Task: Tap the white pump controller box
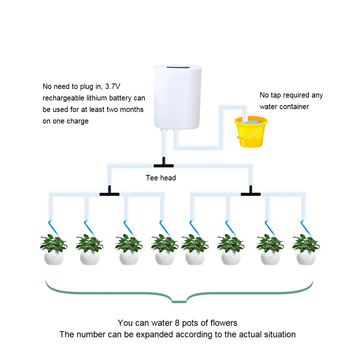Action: pos(177,97)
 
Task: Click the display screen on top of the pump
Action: pos(177,68)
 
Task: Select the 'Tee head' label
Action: pos(161,178)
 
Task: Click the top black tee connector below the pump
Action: pos(164,165)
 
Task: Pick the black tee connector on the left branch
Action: pos(109,193)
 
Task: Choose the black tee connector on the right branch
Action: pos(251,193)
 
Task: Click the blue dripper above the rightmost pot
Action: pos(305,225)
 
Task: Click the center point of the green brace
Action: pos(179,301)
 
